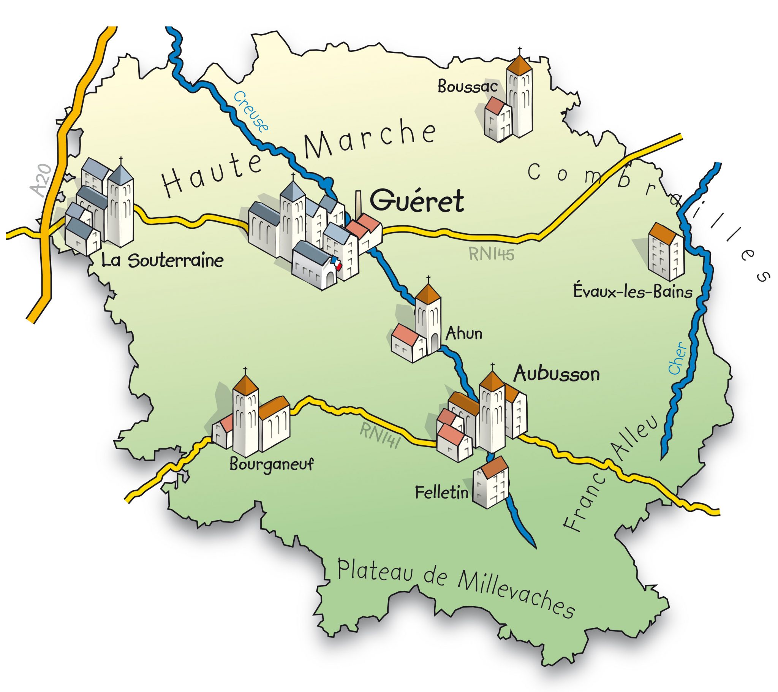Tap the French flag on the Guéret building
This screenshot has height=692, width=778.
tap(336, 263)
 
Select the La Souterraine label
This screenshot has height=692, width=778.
tap(162, 261)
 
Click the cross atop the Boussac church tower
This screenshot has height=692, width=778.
tap(520, 51)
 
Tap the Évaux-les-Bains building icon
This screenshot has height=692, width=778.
tap(666, 251)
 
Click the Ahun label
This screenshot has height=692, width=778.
tap(464, 334)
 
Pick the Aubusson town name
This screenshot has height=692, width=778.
tap(557, 374)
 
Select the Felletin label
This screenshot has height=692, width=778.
tap(441, 493)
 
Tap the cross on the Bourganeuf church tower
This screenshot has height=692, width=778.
tap(245, 371)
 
